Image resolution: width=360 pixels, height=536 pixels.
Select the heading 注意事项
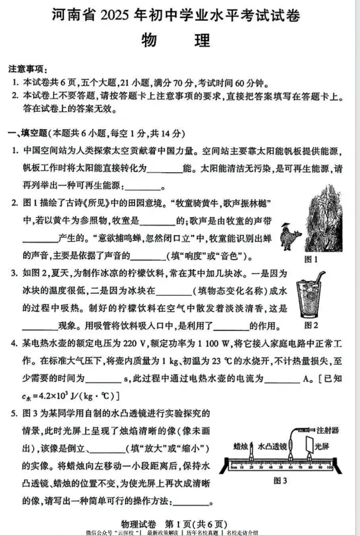27,69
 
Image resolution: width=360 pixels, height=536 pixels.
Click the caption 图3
281,481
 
